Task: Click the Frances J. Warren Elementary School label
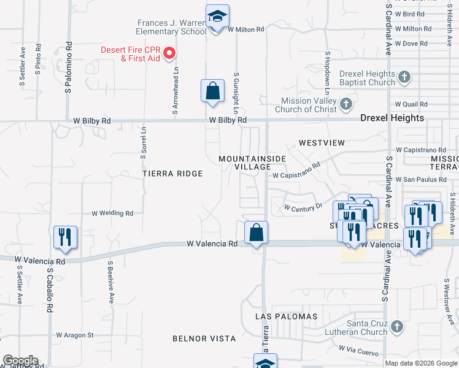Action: (171, 27)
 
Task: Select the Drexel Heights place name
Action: (392, 118)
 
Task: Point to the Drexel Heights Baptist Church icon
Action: (404, 77)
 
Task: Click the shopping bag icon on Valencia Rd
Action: (256, 233)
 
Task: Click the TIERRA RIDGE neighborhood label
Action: (172, 174)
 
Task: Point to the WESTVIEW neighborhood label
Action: (322, 142)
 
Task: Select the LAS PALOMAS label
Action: (287, 316)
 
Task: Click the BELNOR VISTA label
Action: (204, 339)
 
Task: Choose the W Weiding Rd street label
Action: (112, 213)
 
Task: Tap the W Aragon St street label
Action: (74, 335)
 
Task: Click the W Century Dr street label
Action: (303, 208)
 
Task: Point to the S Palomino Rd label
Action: (69, 67)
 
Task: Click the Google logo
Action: (20, 361)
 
